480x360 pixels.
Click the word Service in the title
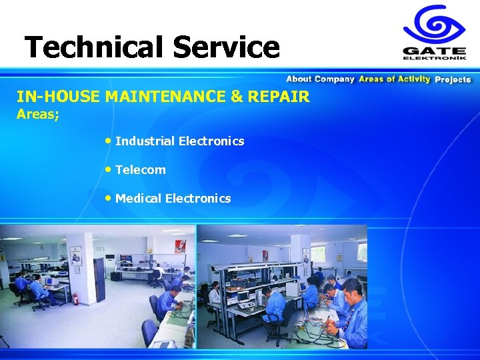point(226,47)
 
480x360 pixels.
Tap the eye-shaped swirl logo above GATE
point(433,25)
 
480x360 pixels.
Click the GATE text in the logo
point(434,50)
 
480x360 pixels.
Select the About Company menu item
point(320,79)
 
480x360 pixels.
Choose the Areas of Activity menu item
point(395,79)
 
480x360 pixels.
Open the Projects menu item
point(453,79)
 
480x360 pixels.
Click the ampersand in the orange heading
point(237,97)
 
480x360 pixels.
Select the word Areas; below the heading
point(38,115)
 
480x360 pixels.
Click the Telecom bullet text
point(140,170)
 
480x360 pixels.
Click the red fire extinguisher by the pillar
point(75,299)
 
